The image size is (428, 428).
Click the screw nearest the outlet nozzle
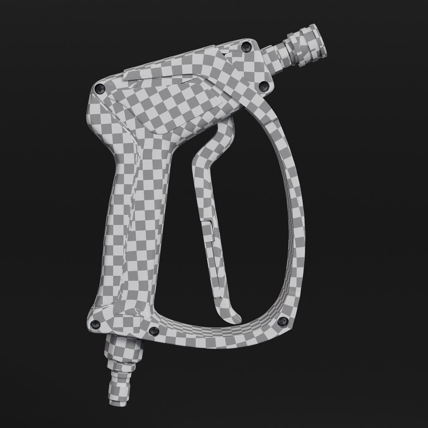tap(246, 47)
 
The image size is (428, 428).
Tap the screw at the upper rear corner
tap(98, 89)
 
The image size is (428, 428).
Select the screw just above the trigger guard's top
tap(264, 86)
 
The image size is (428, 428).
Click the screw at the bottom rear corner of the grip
tap(95, 325)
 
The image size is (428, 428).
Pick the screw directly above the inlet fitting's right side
tap(154, 331)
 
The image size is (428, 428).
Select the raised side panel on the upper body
tap(166, 107)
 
